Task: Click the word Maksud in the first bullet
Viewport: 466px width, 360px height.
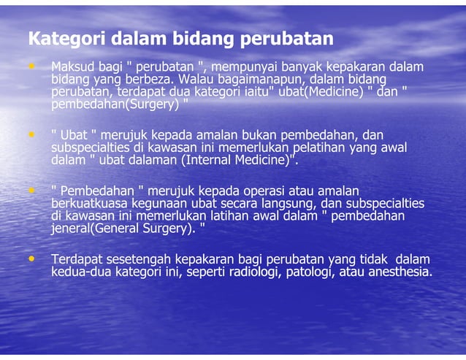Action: tap(72, 67)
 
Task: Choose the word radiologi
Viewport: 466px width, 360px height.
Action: tap(253, 272)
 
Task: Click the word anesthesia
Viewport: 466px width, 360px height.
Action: tap(395, 272)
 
